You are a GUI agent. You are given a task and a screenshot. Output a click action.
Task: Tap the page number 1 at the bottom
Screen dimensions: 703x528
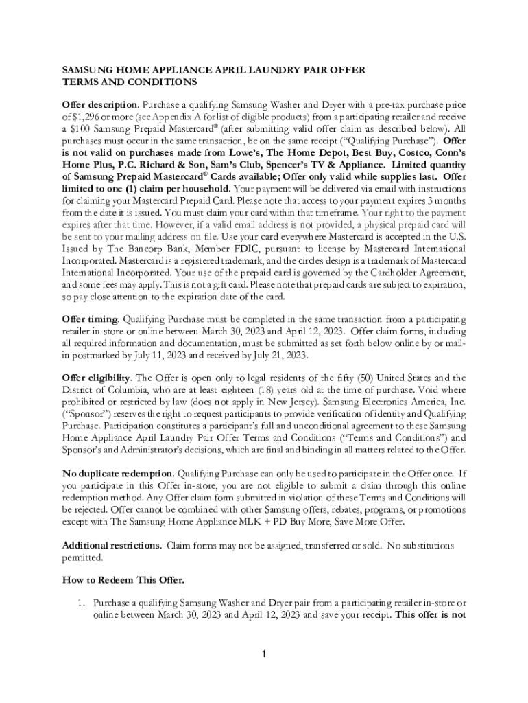[x=264, y=652]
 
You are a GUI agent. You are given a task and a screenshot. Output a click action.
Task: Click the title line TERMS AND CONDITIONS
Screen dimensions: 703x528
[x=130, y=82]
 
